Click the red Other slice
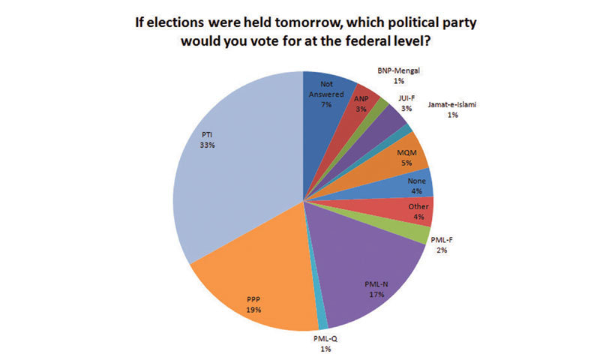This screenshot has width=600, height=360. pos(416,211)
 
